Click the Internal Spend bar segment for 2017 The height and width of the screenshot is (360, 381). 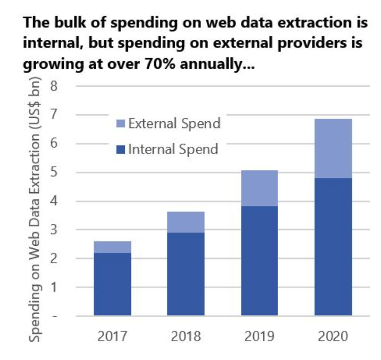(x=113, y=284)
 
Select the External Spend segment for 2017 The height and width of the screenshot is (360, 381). (x=113, y=247)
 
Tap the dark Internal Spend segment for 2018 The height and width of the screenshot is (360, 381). (x=186, y=274)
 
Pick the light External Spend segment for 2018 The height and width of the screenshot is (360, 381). (x=186, y=222)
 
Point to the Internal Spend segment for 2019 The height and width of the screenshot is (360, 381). (x=259, y=261)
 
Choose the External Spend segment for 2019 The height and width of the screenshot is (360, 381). (x=259, y=188)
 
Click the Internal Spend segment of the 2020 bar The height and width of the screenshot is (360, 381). (x=333, y=247)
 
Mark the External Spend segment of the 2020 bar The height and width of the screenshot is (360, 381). (x=333, y=148)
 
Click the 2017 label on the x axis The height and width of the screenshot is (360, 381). (x=113, y=337)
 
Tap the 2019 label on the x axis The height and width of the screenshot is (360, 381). (x=259, y=337)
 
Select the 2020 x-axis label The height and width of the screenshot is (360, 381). (x=333, y=337)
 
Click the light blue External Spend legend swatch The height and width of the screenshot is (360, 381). (x=121, y=123)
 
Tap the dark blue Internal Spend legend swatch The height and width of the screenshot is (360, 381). (x=121, y=149)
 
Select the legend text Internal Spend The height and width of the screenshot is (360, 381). (x=173, y=149)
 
